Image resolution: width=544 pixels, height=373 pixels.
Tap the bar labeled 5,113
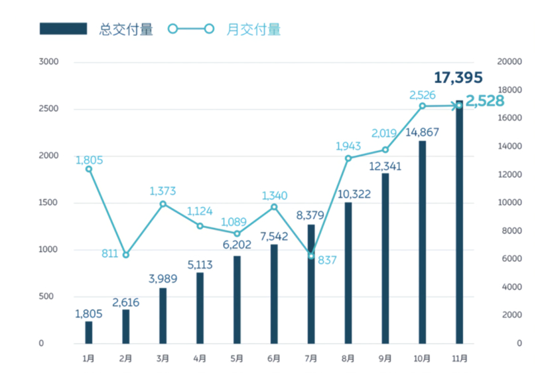pyautogui.click(x=200, y=308)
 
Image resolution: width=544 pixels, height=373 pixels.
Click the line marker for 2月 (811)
pyautogui.click(x=126, y=255)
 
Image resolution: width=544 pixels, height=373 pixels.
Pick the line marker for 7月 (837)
pyautogui.click(x=311, y=256)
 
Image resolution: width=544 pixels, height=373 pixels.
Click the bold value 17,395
pyautogui.click(x=458, y=78)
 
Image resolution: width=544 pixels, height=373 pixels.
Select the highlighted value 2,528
pyautogui.click(x=485, y=101)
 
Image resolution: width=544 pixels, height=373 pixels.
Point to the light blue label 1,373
pyautogui.click(x=163, y=191)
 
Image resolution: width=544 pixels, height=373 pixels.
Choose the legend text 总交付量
pyautogui.click(x=126, y=29)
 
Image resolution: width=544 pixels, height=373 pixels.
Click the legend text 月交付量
pyautogui.click(x=254, y=29)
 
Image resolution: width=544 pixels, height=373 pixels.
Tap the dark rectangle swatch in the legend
pyautogui.click(x=63, y=29)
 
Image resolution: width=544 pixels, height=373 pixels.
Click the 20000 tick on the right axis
pyautogui.click(x=510, y=62)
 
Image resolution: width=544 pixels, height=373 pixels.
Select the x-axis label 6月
pyautogui.click(x=274, y=358)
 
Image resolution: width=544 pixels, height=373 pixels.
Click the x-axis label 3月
pyautogui.click(x=163, y=358)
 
